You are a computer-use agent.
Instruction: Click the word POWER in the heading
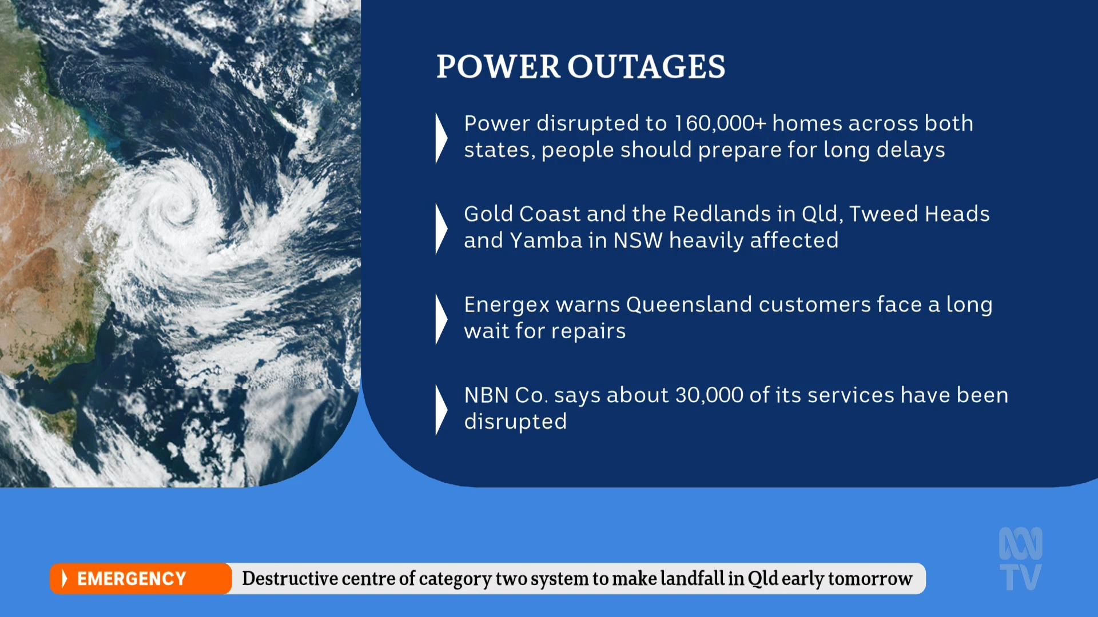pyautogui.click(x=498, y=66)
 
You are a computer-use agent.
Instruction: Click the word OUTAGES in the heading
pyautogui.click(x=646, y=66)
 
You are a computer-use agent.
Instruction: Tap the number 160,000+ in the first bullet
pyautogui.click(x=720, y=123)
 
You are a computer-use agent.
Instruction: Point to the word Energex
pyautogui.click(x=507, y=305)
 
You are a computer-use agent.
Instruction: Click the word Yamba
pyautogui.click(x=546, y=241)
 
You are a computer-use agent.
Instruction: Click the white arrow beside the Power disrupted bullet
pyautogui.click(x=441, y=138)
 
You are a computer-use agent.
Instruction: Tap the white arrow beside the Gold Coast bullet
pyautogui.click(x=441, y=229)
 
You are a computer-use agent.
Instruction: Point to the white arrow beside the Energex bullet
pyautogui.click(x=441, y=319)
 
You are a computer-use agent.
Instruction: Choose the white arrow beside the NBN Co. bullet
pyautogui.click(x=441, y=410)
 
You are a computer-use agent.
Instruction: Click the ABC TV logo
pyautogui.click(x=1021, y=559)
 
